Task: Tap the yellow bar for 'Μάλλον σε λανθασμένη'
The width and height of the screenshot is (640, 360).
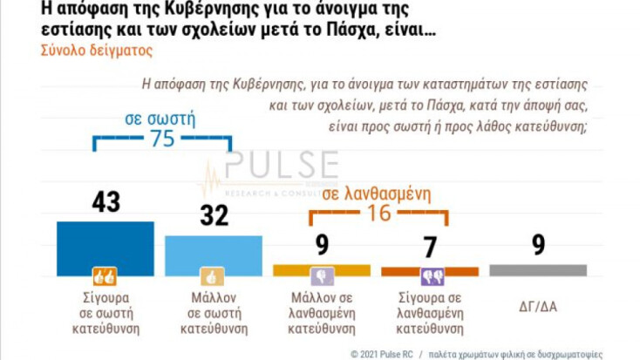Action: [322, 270]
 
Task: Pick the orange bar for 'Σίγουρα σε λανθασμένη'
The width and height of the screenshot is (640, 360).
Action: [430, 271]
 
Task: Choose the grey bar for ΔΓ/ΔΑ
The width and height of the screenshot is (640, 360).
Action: [538, 271]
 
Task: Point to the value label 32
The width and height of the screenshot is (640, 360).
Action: [214, 216]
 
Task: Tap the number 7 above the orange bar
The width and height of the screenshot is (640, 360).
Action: [430, 247]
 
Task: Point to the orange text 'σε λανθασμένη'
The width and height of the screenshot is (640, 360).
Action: [377, 194]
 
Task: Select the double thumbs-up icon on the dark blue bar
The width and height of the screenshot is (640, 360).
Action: [105, 278]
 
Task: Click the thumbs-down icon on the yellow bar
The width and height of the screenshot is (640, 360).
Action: [322, 278]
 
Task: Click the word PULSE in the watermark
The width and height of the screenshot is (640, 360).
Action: [280, 165]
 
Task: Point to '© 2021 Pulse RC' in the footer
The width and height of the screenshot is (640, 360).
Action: [380, 354]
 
